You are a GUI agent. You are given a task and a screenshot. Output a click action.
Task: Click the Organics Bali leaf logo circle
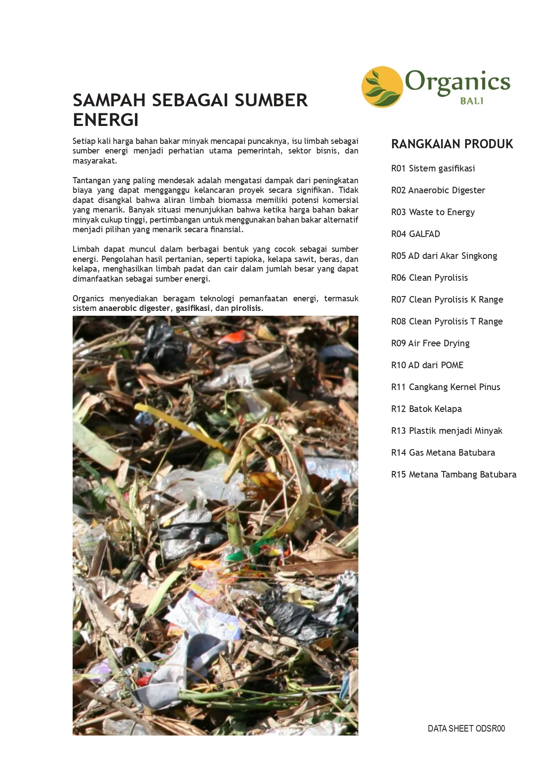pos(382,87)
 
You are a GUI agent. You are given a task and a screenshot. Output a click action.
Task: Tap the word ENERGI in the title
pos(105,120)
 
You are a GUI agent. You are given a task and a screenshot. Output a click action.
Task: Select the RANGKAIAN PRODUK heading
pos(452,144)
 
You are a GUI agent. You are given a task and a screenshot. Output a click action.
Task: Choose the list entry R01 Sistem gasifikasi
pos(433,168)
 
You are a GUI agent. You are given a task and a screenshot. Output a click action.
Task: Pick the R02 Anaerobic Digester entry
pos(438,190)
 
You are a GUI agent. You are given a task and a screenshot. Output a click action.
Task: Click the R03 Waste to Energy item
pos(433,212)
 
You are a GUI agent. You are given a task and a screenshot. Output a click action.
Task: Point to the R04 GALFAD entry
pos(415,234)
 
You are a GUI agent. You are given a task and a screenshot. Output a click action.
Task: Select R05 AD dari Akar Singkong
pos(444,256)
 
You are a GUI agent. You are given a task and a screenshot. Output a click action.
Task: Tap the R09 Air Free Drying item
pos(430,343)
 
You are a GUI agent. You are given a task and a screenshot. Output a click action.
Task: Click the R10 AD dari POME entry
pos(427,365)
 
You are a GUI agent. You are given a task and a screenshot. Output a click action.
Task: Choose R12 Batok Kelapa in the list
pos(426,409)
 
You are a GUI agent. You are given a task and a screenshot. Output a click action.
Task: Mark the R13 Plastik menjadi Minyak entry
pos(447,431)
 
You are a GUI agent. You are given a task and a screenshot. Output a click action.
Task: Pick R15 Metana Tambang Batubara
pos(454,474)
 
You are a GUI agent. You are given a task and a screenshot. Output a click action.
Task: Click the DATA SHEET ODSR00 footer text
pos(466,729)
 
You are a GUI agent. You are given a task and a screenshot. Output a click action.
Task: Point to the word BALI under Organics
pos(471,101)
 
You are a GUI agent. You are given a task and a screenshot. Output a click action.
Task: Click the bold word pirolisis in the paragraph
pos(246,308)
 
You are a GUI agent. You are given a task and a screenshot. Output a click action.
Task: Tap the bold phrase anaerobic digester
pos(134,308)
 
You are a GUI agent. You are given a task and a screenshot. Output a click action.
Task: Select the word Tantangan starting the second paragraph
pos(91,181)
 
